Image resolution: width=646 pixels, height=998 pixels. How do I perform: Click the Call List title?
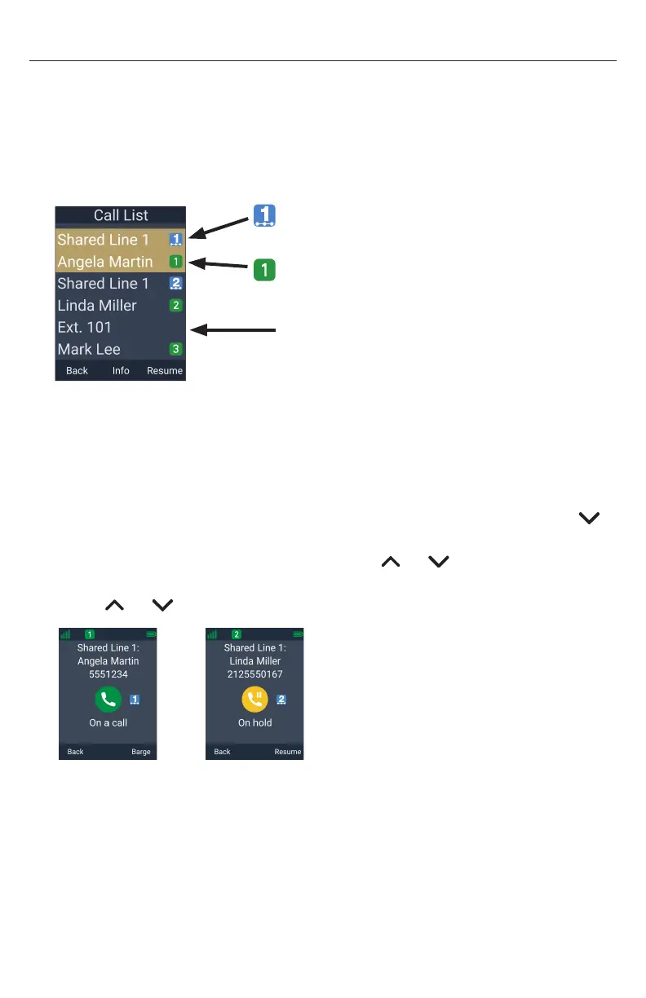pos(121,215)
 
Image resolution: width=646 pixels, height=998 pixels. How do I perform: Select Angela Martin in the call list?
pos(104,262)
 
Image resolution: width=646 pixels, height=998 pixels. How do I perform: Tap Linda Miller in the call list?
pos(97,306)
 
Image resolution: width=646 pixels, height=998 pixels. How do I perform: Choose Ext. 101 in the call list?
pos(84,328)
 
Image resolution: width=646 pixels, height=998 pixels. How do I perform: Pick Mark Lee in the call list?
pos(89,349)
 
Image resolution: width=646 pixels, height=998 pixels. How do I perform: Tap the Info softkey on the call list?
pos(121,370)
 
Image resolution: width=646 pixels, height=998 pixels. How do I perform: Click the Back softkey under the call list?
pos(77,370)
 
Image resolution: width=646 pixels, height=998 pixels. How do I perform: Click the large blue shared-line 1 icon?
pos(264,214)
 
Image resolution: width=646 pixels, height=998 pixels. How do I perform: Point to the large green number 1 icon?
pos(264,270)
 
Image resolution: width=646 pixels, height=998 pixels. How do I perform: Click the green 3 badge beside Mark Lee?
pos(175,349)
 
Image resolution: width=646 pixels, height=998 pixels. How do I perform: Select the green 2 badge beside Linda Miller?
pos(175,306)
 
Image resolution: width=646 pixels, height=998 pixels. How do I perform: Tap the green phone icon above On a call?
pos(108,699)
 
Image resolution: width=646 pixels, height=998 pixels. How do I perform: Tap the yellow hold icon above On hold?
pos(254,699)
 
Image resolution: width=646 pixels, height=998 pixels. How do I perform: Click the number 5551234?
pos(108,673)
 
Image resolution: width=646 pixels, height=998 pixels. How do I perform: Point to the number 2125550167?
pos(254,673)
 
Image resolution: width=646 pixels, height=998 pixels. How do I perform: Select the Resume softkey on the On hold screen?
pos(288,752)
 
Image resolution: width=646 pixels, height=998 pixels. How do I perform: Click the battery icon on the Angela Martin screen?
pos(151,634)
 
